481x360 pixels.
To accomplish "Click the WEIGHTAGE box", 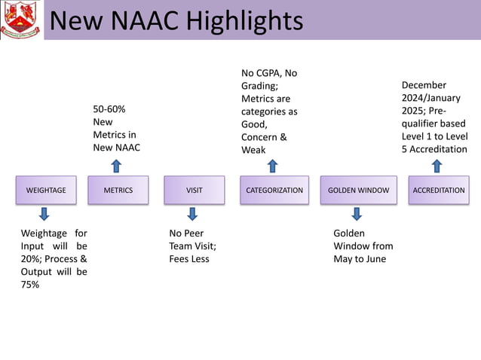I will (x=46, y=190).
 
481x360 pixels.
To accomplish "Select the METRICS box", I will (x=118, y=190).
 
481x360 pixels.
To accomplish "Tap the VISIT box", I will (x=195, y=190).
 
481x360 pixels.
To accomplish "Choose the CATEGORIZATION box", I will (x=274, y=190).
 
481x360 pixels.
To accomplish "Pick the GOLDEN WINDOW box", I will (x=359, y=190).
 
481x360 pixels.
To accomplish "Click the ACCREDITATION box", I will (x=439, y=190).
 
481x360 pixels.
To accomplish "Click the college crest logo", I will (x=20, y=20).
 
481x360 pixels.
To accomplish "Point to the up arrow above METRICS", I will (x=116, y=166).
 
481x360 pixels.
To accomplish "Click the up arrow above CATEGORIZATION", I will (x=272, y=166).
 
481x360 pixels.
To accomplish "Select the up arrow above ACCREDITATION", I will (x=438, y=166).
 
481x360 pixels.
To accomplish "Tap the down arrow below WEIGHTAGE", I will (x=44, y=214).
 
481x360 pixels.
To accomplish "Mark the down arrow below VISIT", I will (x=192, y=214).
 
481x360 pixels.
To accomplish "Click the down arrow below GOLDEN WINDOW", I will (x=357, y=214).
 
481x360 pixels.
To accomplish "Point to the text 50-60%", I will (x=109, y=109).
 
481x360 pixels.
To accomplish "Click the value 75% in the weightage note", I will (x=31, y=285).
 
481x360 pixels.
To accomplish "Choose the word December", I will (x=424, y=85).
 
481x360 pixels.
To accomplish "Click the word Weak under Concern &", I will (x=253, y=150).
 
